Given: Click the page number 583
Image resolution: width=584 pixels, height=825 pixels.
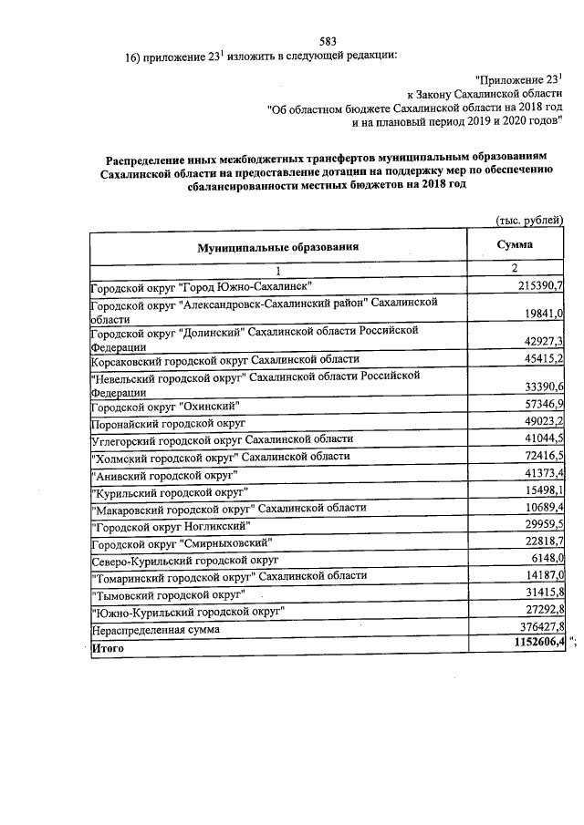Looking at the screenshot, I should point(328,41).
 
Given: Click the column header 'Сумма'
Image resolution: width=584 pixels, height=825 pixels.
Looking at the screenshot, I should point(515,245).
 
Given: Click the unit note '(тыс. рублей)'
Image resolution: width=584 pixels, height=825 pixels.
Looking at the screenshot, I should point(529,220).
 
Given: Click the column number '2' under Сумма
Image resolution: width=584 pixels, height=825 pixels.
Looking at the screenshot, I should point(515,270).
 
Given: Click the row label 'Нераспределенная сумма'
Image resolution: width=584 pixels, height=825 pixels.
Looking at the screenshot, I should point(155,630).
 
